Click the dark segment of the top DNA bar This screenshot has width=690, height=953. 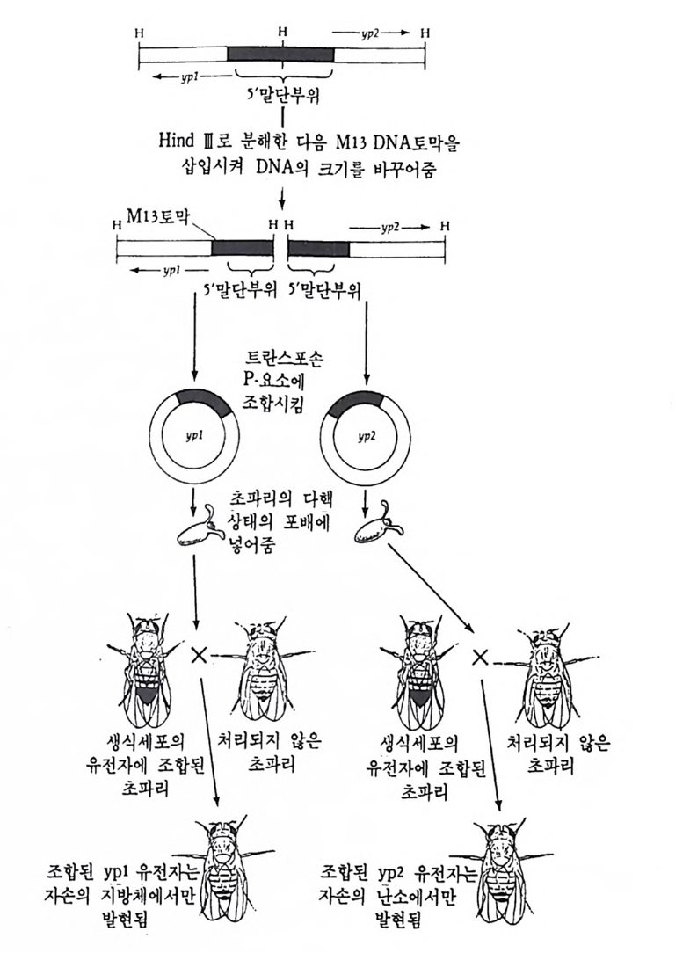pos(281,55)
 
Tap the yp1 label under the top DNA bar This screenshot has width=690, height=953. pos(189,77)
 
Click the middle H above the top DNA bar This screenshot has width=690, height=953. pos(283,31)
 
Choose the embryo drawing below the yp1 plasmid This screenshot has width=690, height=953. pos(198,526)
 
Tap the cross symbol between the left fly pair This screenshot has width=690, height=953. pos(198,655)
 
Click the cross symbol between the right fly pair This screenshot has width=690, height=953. pos(480,657)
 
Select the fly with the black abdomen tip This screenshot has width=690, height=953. pos(145,668)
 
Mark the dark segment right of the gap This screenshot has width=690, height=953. pos(318,249)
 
